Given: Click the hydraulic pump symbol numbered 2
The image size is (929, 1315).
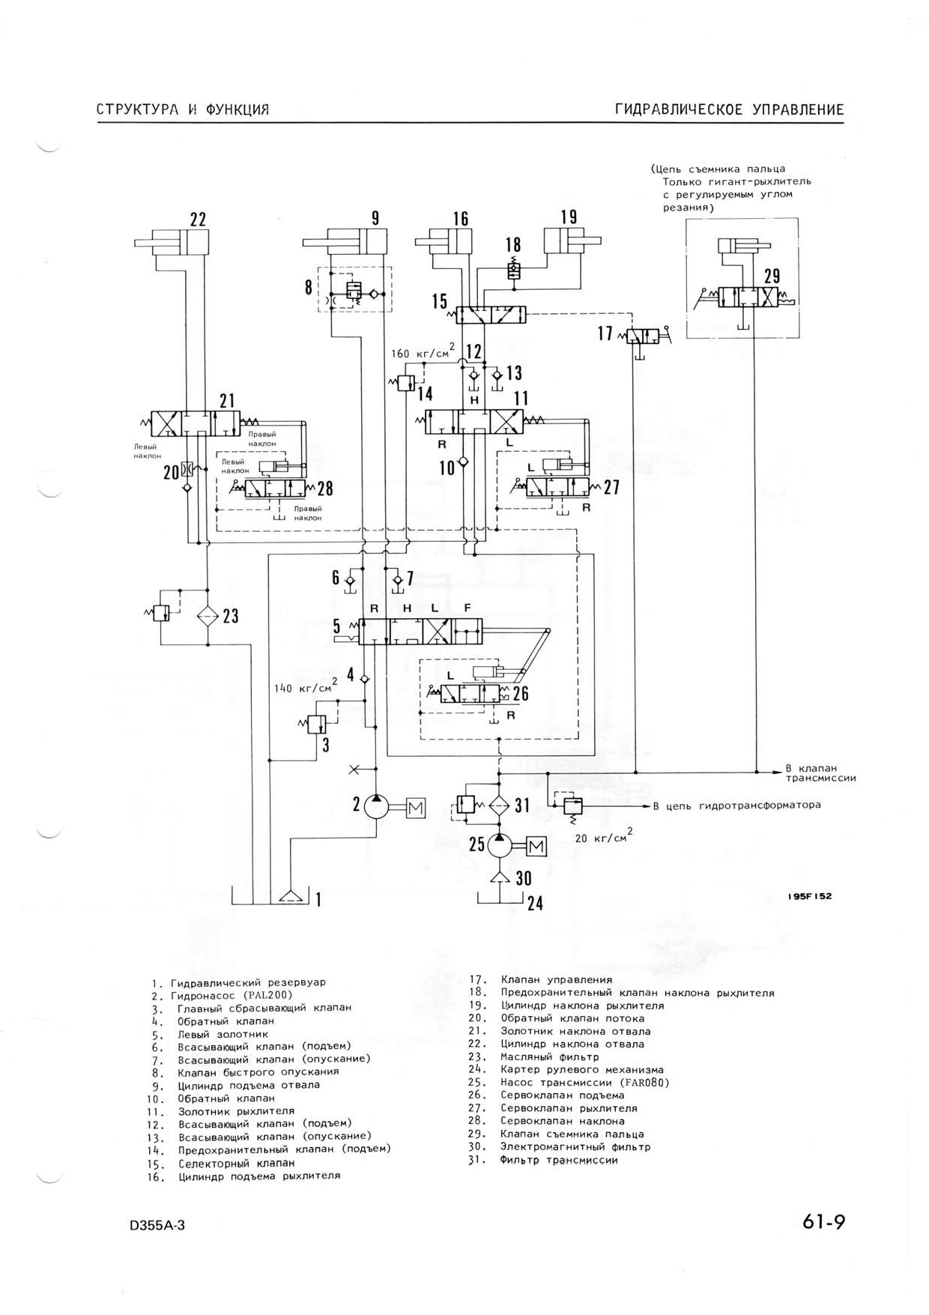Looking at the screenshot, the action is click(x=377, y=807).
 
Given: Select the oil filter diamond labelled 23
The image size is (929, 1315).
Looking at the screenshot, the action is click(x=208, y=616).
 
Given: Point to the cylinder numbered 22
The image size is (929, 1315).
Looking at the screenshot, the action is click(x=172, y=243).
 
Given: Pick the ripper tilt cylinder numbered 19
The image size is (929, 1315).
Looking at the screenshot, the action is click(x=573, y=243).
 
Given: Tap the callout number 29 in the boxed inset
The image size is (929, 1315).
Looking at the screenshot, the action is click(x=772, y=276).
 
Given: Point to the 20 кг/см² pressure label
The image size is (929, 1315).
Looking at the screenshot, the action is click(x=603, y=837).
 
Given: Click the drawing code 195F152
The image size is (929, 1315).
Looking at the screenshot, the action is click(x=810, y=896).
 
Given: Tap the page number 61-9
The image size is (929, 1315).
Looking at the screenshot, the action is click(x=824, y=1222).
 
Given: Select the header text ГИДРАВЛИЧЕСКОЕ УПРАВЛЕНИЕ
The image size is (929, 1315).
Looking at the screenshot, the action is click(x=730, y=110).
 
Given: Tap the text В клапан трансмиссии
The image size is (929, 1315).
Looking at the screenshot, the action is click(x=820, y=773).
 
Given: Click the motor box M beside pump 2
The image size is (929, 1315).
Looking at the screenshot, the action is click(x=416, y=808).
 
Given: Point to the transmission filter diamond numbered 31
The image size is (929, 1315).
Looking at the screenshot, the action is click(x=499, y=805).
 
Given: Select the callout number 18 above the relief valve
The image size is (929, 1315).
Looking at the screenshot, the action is click(x=513, y=246).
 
